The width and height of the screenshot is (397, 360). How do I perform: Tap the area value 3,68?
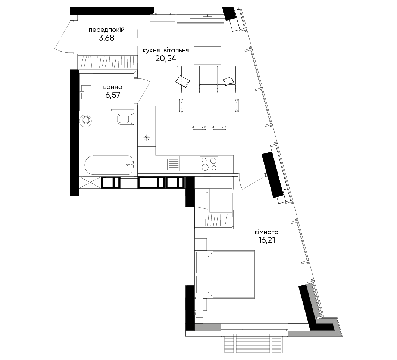tap(107, 38)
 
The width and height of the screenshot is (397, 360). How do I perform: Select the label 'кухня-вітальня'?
tap(166, 50)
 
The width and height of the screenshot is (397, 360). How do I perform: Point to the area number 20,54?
tap(166, 59)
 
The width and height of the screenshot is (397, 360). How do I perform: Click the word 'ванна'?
tap(113, 87)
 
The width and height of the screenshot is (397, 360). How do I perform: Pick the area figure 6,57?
tap(113, 95)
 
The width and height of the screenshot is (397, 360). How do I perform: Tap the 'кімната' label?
tap(267, 232)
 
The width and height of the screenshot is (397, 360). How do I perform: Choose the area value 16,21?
tap(267, 240)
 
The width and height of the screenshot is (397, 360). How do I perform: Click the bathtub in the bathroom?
tap(108, 165)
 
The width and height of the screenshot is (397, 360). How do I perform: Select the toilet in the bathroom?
tap(126, 119)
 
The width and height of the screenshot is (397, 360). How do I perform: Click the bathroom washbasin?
tap(86, 92)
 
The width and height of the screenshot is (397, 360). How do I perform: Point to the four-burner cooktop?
tap(209, 164)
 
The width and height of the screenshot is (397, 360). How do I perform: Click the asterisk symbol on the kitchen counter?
tap(147, 138)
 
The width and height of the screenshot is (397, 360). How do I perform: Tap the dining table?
tap(209, 106)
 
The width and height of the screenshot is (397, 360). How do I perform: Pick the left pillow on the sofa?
tap(182, 81)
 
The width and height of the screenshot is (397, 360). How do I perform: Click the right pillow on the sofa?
tap(228, 81)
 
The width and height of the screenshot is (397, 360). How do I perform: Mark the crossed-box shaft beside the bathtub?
tap(90, 182)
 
